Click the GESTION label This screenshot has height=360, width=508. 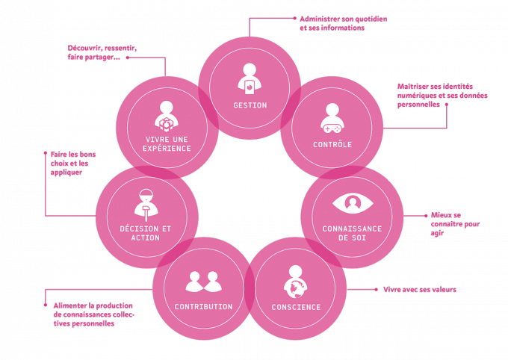[250, 105]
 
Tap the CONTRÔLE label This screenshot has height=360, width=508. [332, 144]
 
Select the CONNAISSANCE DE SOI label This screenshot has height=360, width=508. [352, 232]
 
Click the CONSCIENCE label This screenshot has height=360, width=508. [296, 307]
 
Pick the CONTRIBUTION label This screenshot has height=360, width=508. [203, 306]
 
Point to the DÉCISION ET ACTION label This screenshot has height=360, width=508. [145, 232]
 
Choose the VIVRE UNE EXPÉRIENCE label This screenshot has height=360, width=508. [167, 144]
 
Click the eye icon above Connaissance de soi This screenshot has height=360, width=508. [352, 203]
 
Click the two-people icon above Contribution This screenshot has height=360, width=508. [203, 282]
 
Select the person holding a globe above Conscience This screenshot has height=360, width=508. [296, 280]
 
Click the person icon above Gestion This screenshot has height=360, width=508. [250, 77]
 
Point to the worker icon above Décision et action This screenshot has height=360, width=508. [145, 203]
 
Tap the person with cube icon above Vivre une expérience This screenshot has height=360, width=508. [167, 116]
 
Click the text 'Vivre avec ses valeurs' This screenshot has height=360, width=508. [419, 289]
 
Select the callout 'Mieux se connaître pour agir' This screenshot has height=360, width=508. [455, 224]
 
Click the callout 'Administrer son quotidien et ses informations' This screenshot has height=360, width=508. [343, 23]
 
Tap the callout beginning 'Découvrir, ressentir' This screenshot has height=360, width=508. [102, 52]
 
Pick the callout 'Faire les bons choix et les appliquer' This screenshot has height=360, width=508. [72, 164]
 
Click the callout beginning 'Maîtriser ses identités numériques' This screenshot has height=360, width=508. [442, 96]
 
